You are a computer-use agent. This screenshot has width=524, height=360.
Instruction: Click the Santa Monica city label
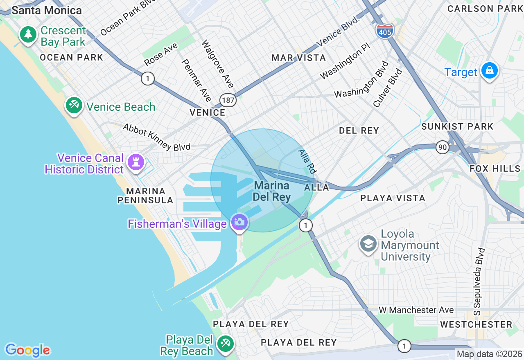[47, 10]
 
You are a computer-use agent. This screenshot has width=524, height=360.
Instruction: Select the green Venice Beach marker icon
[74, 106]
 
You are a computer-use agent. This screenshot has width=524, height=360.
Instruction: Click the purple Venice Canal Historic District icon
[136, 162]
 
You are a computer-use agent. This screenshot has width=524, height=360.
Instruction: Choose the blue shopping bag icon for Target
[489, 71]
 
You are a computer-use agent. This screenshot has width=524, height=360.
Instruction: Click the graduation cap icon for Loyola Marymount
[368, 244]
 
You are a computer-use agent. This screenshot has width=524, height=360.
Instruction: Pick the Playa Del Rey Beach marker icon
[225, 344]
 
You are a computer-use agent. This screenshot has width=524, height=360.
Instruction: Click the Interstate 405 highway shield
[384, 32]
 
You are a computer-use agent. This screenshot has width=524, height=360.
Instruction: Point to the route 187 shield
[228, 99]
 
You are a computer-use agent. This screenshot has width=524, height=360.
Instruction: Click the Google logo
[27, 350]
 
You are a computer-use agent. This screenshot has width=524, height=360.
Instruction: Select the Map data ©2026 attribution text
[489, 354]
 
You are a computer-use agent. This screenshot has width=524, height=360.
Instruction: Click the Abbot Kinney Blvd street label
[156, 137]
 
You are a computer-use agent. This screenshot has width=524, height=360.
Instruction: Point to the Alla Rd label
[307, 161]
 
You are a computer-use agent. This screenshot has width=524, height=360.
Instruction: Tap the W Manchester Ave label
[416, 310]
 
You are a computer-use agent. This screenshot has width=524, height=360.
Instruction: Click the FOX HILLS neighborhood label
[495, 169]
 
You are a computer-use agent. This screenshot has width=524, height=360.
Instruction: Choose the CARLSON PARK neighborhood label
[485, 9]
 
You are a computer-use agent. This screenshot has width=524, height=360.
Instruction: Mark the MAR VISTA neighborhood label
[299, 58]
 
